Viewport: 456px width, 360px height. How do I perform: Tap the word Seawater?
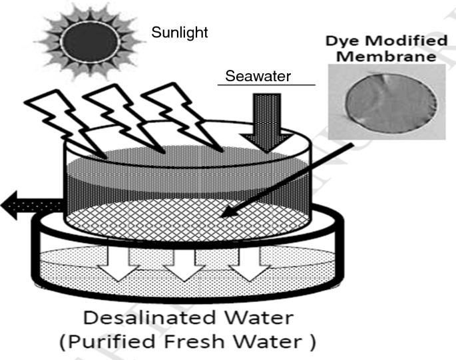266,77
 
